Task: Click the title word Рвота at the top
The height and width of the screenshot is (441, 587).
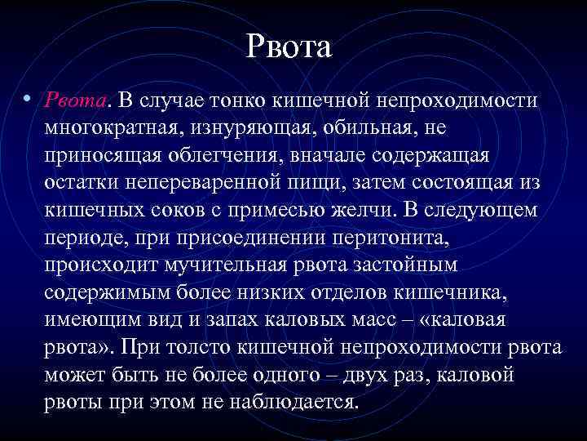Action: click(x=289, y=47)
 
